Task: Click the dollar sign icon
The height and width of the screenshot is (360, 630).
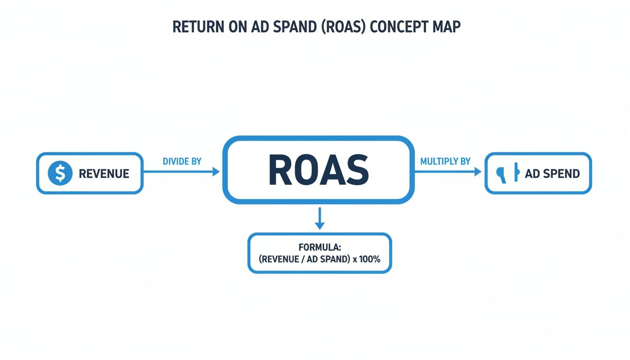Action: [x=60, y=173]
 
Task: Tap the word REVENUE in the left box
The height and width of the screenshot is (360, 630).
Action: [x=104, y=174]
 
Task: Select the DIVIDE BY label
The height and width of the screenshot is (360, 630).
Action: [x=182, y=161]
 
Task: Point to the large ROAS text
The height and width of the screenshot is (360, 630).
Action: [x=318, y=170]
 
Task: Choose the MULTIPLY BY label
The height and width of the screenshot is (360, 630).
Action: [x=445, y=161]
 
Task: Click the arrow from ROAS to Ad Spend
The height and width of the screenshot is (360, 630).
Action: [x=448, y=172]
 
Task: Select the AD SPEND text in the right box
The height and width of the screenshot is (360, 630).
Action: [x=552, y=174]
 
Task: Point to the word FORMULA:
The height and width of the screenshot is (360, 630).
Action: [x=319, y=247]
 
